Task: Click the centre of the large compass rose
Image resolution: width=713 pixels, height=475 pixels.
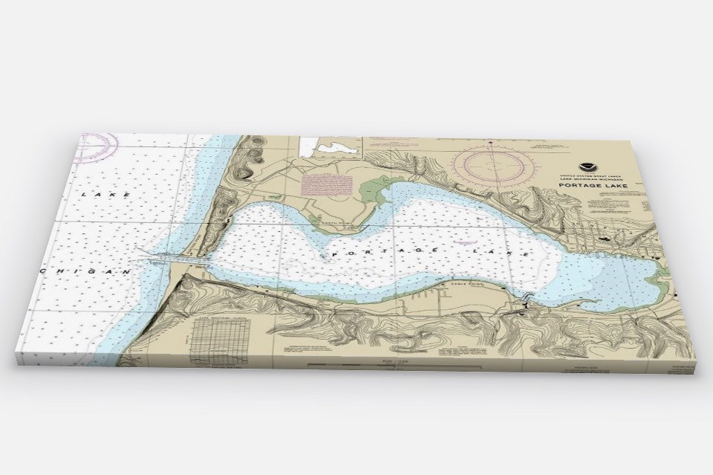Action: [x=493, y=161]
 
